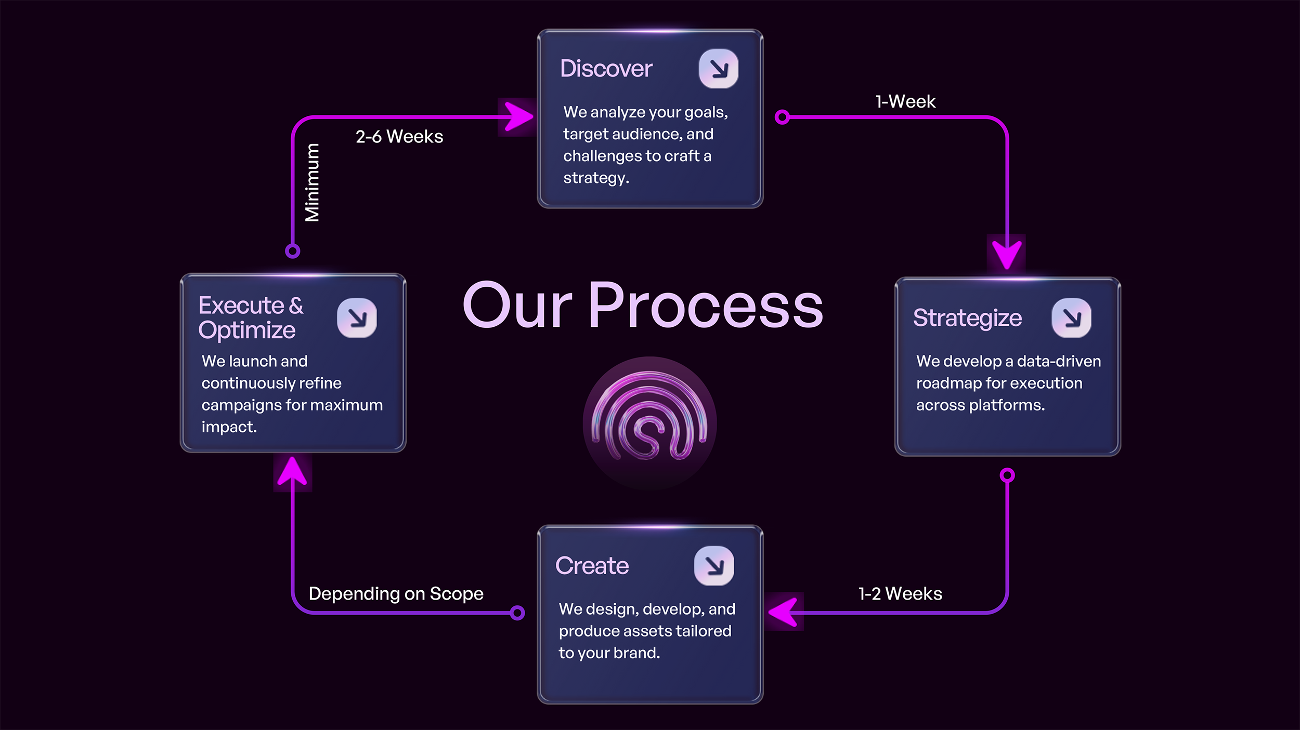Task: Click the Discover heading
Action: [x=606, y=69]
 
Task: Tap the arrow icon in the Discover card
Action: [x=718, y=69]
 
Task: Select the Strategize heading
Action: [x=967, y=318]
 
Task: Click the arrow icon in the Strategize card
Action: [x=1071, y=317]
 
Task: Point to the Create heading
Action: [x=592, y=566]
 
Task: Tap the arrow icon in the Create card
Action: [x=714, y=565]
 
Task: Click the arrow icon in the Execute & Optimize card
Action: [x=357, y=317]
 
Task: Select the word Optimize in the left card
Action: [x=247, y=330]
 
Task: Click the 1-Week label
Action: [x=905, y=101]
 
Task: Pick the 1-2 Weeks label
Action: [x=900, y=593]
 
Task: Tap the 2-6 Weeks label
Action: [x=399, y=137]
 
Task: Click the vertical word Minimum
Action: [x=312, y=182]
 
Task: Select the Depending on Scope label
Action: [x=396, y=593]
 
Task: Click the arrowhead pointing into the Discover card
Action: [x=518, y=117]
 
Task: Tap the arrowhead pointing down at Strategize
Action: [x=1007, y=254]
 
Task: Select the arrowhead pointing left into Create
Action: [x=784, y=612]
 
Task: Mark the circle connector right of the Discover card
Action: [x=782, y=117]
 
